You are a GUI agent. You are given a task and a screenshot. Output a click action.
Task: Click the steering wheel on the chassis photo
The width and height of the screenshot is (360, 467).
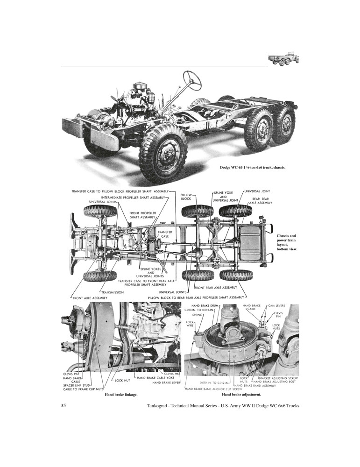pyautogui.click(x=192, y=80)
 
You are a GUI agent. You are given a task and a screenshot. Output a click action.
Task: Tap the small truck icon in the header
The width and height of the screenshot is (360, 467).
pyautogui.click(x=283, y=59)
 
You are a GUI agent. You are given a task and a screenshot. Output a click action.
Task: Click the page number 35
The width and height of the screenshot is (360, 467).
pyautogui.click(x=64, y=405)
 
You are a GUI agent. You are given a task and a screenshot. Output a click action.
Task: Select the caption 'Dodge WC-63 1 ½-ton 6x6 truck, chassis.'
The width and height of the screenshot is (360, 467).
pyautogui.click(x=253, y=167)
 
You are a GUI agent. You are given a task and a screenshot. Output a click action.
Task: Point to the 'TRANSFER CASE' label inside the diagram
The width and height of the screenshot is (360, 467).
pyautogui.click(x=165, y=234)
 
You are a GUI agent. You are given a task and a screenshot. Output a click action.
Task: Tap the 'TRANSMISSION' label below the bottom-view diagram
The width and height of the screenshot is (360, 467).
pyautogui.click(x=112, y=292)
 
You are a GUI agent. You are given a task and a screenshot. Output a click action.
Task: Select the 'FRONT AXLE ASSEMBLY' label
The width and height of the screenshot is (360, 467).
pyautogui.click(x=90, y=297)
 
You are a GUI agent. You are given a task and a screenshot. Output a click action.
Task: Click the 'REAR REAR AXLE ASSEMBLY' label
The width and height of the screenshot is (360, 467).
pyautogui.click(x=260, y=201)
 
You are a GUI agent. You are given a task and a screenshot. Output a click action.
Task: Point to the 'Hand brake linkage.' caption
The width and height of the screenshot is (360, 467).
pyautogui.click(x=121, y=395)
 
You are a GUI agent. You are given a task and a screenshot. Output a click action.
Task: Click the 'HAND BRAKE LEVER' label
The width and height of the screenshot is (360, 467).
pyautogui.click(x=166, y=382)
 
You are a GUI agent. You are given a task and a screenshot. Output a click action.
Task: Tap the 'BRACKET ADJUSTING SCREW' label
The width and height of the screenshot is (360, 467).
pyautogui.click(x=279, y=377)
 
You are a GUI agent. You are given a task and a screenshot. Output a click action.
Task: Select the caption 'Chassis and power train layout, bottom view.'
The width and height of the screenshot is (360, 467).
pyautogui.click(x=286, y=242)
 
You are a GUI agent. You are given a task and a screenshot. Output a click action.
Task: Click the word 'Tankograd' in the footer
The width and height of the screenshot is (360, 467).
pyautogui.click(x=160, y=405)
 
